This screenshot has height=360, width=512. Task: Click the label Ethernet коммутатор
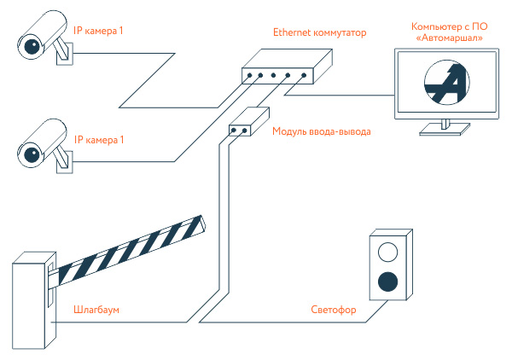[319, 33]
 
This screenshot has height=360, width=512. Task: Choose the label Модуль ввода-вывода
[322, 131]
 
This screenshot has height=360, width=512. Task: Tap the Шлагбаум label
[95, 309]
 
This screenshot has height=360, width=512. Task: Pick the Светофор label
[333, 309]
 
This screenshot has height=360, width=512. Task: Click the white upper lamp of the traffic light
[388, 251]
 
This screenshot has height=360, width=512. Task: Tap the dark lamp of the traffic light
[388, 280]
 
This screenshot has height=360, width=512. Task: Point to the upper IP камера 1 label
[101, 32]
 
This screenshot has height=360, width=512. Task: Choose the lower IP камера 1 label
[101, 140]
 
